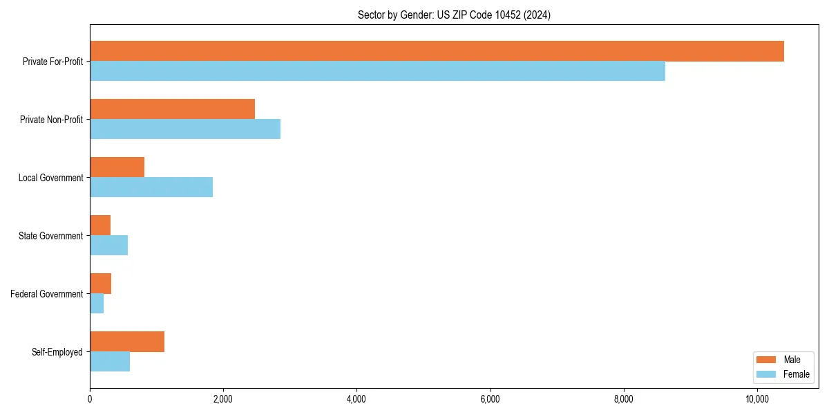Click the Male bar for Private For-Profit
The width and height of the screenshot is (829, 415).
click(437, 51)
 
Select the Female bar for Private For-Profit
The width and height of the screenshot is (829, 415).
click(377, 71)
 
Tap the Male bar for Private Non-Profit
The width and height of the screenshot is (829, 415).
click(172, 109)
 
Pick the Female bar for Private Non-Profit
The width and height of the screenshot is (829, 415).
click(185, 129)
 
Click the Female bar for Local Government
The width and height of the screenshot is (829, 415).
click(151, 187)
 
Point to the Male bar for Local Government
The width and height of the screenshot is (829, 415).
click(117, 167)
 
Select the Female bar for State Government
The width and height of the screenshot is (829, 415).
click(108, 246)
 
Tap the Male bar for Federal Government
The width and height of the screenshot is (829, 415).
click(100, 284)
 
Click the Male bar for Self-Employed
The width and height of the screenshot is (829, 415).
click(127, 342)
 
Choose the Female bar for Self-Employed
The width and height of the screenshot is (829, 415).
click(110, 362)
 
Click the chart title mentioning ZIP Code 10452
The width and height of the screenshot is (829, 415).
click(454, 15)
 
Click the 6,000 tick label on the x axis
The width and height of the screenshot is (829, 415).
click(490, 399)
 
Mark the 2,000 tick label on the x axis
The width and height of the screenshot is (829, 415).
click(223, 399)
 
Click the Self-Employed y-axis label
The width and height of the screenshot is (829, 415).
click(57, 352)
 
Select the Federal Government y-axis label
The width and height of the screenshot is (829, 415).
click(47, 294)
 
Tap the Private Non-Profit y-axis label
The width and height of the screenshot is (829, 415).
click(51, 120)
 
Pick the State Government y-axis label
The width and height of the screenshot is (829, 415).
click(51, 236)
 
